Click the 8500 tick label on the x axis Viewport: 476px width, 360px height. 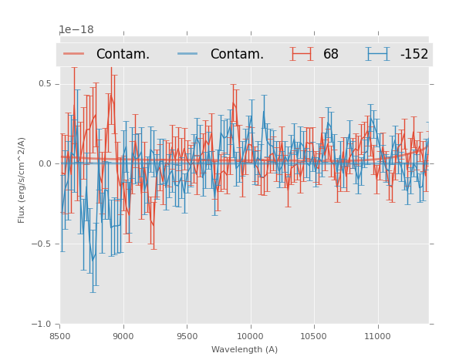60,336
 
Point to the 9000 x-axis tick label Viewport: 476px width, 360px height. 123,336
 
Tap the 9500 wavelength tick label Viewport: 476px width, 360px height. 187,336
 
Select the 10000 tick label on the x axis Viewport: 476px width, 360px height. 250,336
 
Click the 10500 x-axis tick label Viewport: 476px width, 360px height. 313,336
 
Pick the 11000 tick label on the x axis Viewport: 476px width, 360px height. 377,336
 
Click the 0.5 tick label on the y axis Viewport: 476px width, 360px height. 46,83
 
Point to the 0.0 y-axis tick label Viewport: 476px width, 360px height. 46,163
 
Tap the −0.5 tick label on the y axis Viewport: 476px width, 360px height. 43,244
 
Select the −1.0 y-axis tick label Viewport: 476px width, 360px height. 43,324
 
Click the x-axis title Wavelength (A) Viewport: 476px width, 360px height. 245,349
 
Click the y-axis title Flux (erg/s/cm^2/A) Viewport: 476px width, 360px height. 22,180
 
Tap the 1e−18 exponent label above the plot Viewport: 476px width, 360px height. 76,30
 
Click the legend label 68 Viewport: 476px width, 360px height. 331,55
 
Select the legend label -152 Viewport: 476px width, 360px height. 414,55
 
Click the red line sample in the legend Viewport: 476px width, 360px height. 74,54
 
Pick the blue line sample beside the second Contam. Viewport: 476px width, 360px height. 188,54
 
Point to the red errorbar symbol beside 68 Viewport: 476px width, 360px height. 302,54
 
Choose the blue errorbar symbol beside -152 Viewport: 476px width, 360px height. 377,54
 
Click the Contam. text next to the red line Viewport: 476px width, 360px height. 123,55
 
